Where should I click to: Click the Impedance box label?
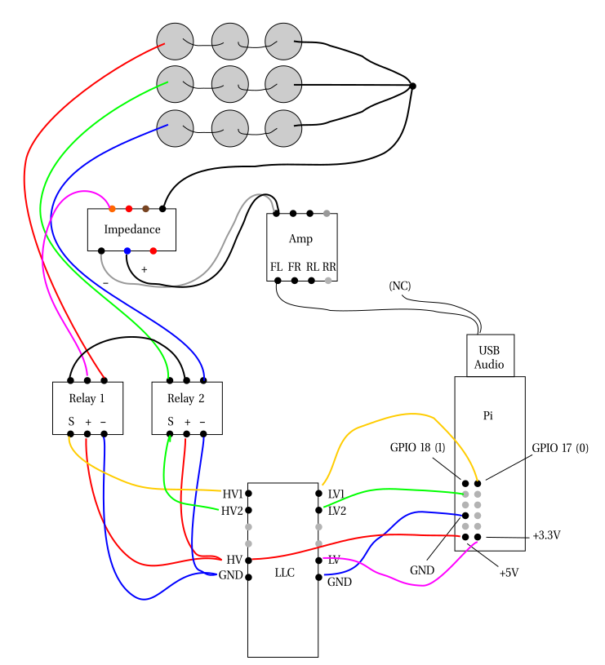(132, 229)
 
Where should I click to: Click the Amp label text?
(300, 239)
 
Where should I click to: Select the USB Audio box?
(490, 356)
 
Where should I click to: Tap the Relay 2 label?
(186, 399)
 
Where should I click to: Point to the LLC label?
(284, 573)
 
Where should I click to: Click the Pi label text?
(488, 415)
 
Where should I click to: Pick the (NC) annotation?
(400, 286)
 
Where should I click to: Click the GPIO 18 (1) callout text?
(417, 448)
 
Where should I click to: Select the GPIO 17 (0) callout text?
(560, 448)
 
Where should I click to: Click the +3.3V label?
(547, 536)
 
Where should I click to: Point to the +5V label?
(509, 573)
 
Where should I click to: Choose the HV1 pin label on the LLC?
(233, 494)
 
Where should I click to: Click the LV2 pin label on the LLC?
(337, 511)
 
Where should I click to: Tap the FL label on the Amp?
(277, 267)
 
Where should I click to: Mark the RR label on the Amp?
(329, 267)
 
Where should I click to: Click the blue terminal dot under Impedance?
(127, 250)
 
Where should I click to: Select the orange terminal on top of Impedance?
(112, 209)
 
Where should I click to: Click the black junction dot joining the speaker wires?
(412, 86)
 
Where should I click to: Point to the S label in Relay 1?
(71, 422)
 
